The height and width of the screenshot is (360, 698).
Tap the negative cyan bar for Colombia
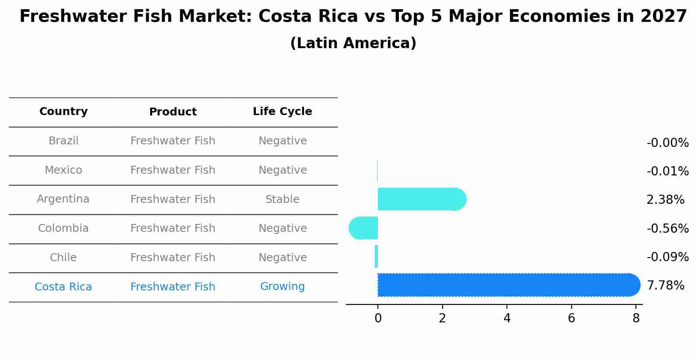[x=363, y=228]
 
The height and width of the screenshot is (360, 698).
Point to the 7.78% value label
[x=665, y=286]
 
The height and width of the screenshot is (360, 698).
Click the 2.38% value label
[x=665, y=200]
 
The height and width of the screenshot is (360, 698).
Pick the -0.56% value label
[x=667, y=228]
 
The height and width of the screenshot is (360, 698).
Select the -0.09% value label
[x=667, y=257]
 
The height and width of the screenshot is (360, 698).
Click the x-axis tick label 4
[x=507, y=318]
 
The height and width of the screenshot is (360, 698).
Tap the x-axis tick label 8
[x=636, y=318]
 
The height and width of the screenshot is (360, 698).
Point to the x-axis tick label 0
[x=378, y=318]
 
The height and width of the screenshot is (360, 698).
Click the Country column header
[x=63, y=112]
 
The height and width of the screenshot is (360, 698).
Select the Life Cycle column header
[x=283, y=112]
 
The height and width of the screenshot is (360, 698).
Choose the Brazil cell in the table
[x=63, y=141]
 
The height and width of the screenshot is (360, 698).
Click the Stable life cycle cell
[x=283, y=199]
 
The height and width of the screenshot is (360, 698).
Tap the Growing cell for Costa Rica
[x=283, y=287]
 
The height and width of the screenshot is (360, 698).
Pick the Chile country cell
[x=63, y=258]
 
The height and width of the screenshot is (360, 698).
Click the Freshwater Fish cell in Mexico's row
[x=173, y=170]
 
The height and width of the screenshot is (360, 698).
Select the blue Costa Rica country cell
[x=63, y=287]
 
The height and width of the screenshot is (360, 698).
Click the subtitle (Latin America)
[x=353, y=43]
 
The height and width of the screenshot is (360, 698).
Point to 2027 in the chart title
[x=663, y=17]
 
